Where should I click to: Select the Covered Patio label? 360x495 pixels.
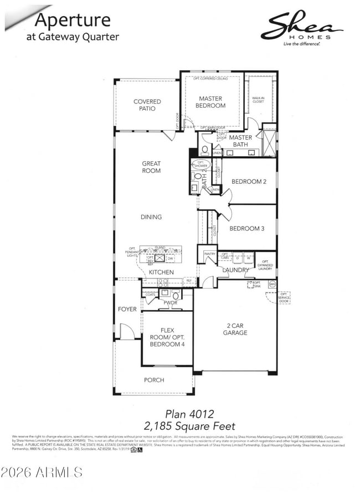(147, 105)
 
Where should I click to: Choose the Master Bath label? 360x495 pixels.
(240, 141)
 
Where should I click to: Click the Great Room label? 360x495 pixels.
(151, 167)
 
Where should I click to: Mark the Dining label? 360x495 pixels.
(151, 217)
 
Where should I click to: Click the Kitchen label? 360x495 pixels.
(161, 272)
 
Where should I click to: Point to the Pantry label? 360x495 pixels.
(209, 254)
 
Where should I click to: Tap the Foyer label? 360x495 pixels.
(127, 309)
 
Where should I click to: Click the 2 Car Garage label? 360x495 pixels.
(235, 329)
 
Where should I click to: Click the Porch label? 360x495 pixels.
(154, 380)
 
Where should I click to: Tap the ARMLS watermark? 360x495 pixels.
(42, 472)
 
